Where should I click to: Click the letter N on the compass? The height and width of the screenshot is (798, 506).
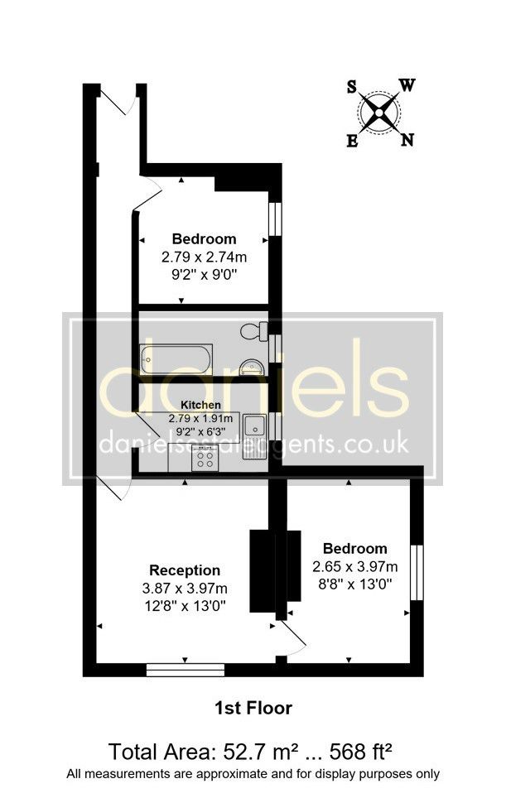tap(407, 139)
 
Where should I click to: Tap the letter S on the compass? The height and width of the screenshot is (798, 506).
tap(352, 87)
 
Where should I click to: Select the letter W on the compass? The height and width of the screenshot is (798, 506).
tap(407, 85)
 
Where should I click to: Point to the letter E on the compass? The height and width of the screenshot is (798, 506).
tap(352, 141)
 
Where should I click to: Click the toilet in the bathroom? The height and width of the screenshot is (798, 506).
tap(254, 331)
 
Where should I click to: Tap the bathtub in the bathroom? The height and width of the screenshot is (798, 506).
tap(176, 358)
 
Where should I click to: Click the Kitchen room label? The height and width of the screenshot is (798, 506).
tap(201, 405)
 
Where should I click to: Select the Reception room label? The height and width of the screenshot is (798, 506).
tap(185, 570)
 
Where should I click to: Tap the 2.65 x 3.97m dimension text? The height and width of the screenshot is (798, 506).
tap(355, 566)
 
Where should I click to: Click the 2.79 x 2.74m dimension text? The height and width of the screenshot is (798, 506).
tap(204, 257)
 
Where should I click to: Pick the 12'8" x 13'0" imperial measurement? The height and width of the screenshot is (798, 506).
tap(185, 606)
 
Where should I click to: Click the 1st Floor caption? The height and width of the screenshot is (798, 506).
tap(253, 708)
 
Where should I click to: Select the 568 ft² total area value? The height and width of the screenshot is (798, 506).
tap(361, 752)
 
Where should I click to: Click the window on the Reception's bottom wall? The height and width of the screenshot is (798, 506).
tap(186, 670)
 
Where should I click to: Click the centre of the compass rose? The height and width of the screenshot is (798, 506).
tap(379, 113)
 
